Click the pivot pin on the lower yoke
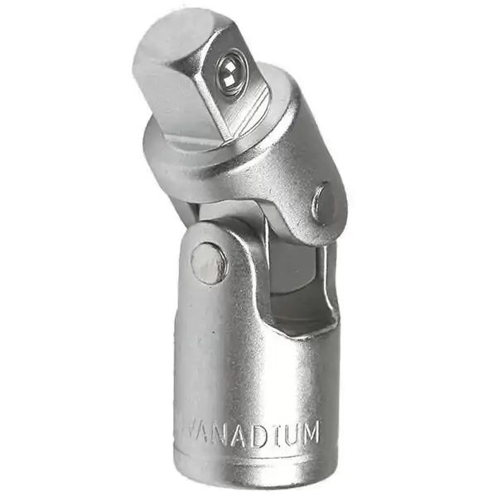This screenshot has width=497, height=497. [207, 263]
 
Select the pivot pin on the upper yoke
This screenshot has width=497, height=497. [324, 204]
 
